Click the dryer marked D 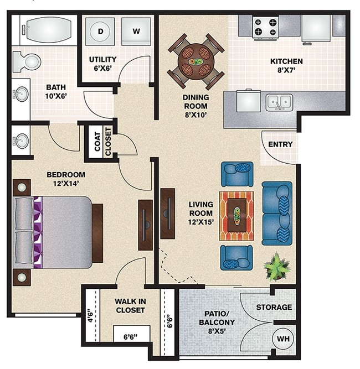(x=100, y=32)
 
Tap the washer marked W (x=136, y=32)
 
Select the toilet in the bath (x=26, y=62)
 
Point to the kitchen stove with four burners (x=265, y=28)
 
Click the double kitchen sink (x=280, y=102)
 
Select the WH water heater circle (x=283, y=339)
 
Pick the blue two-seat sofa (x=277, y=213)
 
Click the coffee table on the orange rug (x=237, y=215)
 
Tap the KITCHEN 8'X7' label (x=286, y=66)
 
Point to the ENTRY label (x=280, y=144)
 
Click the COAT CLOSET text (x=102, y=142)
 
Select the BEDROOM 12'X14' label (x=66, y=179)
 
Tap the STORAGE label (x=274, y=307)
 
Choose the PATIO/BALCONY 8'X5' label (x=217, y=323)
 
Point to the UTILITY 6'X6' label (x=102, y=64)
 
